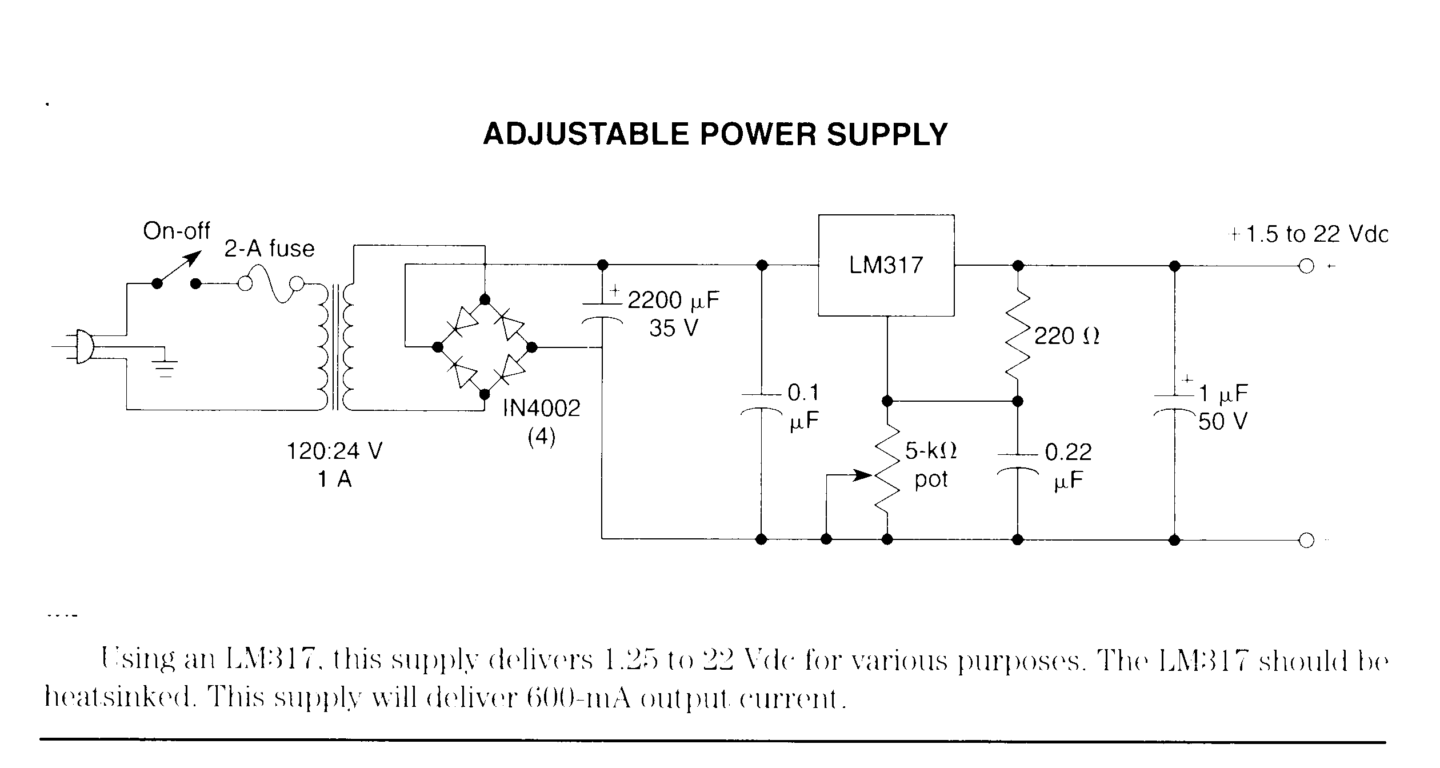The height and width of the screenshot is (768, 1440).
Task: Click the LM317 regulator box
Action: click(886, 265)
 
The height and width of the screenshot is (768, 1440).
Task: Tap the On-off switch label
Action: click(177, 231)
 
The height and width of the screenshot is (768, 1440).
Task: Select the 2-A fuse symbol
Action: click(271, 285)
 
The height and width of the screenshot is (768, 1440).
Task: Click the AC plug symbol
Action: click(83, 346)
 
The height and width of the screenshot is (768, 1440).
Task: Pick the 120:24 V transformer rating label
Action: click(334, 451)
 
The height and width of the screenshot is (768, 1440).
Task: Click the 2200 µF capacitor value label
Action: click(674, 301)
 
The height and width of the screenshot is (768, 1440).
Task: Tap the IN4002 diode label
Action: click(541, 408)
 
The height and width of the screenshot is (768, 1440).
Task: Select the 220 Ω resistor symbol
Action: click(1017, 336)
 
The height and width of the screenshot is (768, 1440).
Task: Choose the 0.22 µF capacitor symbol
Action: click(1017, 464)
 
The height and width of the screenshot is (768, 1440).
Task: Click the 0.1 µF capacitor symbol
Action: click(761, 402)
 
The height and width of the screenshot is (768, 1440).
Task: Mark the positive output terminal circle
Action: click(1306, 266)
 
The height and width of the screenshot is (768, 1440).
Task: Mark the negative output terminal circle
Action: click(1306, 540)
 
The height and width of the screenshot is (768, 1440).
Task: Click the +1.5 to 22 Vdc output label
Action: click(1309, 235)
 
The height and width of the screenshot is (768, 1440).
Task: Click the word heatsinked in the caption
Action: click(120, 698)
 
